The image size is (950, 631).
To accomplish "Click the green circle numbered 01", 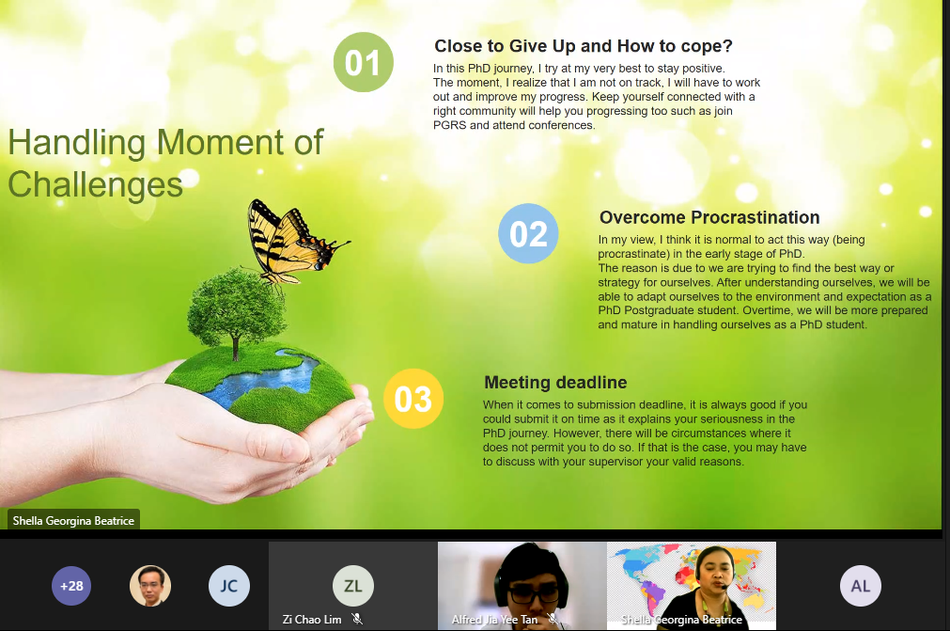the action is click(x=363, y=62).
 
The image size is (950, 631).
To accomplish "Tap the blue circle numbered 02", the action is click(x=528, y=233).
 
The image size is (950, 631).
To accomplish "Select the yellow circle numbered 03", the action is click(x=413, y=398).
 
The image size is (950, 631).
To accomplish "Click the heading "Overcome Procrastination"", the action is click(x=709, y=217).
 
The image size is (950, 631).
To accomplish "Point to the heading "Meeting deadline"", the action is click(x=555, y=383).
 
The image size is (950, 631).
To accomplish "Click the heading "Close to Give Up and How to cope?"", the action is click(x=584, y=46).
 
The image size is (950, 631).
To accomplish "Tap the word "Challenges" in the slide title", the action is click(x=95, y=184).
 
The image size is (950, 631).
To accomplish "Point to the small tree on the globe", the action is click(x=235, y=312).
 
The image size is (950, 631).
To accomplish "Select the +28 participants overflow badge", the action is click(x=71, y=586).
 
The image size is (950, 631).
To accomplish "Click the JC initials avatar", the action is click(x=229, y=586).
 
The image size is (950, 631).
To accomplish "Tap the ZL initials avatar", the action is click(x=353, y=586).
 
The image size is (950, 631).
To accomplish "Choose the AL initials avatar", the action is click(x=861, y=586).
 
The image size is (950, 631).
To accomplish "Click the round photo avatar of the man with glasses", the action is click(x=150, y=586).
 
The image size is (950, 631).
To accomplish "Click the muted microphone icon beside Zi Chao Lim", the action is click(x=357, y=619).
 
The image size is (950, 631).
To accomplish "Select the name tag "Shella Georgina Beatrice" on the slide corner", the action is click(x=73, y=521).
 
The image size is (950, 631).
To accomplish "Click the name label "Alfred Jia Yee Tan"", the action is click(x=494, y=620).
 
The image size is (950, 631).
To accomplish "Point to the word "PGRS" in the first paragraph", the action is click(x=449, y=125).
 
